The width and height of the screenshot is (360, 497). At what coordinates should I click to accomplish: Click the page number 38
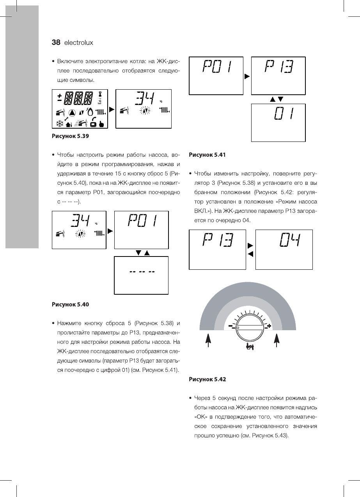tap(56, 42)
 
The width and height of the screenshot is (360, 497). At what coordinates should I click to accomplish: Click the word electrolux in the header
tap(79, 43)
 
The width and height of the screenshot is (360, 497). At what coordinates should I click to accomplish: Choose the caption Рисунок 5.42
tap(207, 379)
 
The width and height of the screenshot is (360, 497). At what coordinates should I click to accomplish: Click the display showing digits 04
tap(284, 249)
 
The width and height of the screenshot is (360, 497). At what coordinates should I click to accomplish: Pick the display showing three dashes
tap(142, 275)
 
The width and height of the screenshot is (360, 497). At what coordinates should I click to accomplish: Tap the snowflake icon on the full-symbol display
tap(60, 123)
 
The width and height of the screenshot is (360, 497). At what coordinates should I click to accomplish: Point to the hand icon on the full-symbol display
tap(102, 124)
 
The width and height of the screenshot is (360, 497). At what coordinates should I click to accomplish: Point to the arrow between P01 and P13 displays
tap(247, 76)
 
